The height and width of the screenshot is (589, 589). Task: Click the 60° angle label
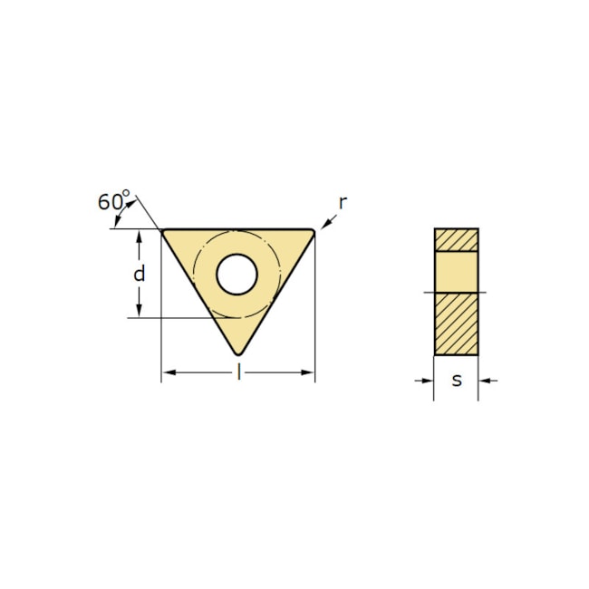tap(113, 200)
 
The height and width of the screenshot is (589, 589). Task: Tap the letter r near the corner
tap(343, 202)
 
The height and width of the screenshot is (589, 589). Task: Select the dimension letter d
tap(139, 273)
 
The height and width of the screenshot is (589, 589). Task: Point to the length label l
tap(238, 372)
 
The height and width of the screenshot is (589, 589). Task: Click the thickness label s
tap(457, 380)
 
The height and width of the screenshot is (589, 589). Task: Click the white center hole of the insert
tap(237, 274)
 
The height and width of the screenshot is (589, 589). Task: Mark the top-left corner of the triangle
tap(164, 231)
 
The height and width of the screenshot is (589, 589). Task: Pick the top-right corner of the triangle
tap(312, 232)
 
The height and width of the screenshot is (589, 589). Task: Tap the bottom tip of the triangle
tap(238, 352)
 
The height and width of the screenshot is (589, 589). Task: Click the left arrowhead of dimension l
tap(168, 372)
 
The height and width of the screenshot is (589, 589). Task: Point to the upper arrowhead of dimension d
tap(139, 236)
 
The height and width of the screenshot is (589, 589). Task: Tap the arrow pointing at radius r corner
tap(323, 222)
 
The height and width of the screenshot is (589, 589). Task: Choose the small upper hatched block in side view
tap(456, 239)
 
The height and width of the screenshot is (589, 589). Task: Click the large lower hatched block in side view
tap(456, 323)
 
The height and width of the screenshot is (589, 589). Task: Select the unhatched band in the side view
tap(456, 270)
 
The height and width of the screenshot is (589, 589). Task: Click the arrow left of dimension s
tap(427, 381)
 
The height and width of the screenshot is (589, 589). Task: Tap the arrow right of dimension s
tap(485, 381)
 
